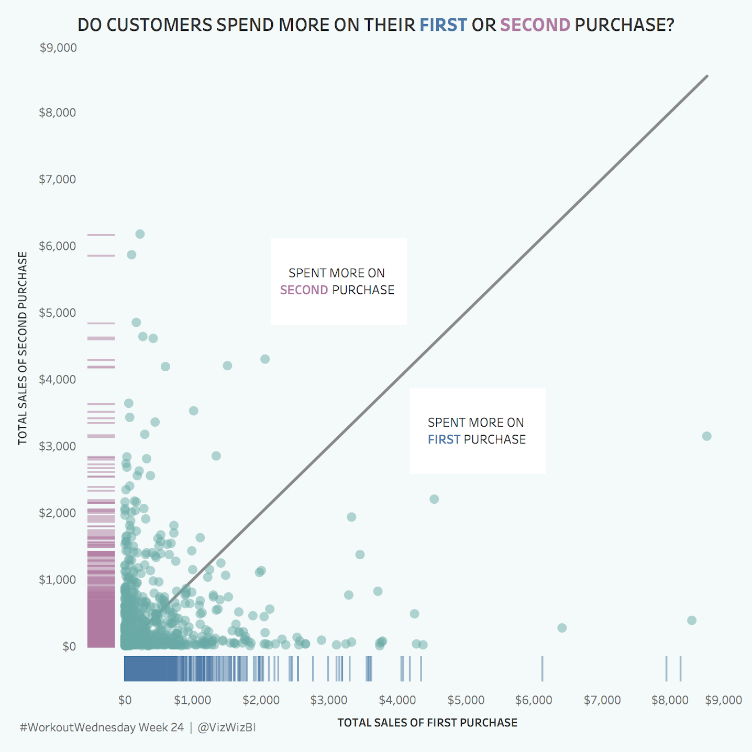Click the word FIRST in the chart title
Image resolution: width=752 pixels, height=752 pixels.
(443, 25)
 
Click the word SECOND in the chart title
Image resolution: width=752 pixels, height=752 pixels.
(535, 25)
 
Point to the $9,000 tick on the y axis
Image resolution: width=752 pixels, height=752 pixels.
(58, 48)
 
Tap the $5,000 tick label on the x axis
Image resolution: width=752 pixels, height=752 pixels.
(466, 700)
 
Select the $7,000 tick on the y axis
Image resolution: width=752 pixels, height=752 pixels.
(58, 179)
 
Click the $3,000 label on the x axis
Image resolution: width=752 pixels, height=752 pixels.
(329, 700)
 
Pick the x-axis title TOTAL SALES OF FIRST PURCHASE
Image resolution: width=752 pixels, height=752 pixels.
(427, 723)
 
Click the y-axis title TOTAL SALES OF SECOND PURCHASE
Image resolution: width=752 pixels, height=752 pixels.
(23, 348)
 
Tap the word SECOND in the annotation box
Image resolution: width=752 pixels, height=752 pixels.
(304, 290)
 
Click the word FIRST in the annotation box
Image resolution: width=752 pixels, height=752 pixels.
(444, 439)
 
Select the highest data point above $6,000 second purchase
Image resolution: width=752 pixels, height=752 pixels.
(140, 234)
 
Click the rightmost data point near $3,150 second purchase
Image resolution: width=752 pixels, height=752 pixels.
(706, 436)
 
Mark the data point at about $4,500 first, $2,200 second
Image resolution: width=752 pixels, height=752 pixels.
(434, 499)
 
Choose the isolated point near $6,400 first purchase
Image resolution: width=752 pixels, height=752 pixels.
(562, 628)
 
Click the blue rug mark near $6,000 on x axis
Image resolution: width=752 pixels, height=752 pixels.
(542, 669)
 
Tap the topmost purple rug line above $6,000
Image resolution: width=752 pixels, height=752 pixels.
(101, 235)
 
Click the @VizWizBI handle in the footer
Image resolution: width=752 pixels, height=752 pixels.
(227, 727)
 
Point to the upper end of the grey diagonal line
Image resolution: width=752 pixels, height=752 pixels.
(707, 76)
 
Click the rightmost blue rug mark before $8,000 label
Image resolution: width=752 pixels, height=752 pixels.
(680, 669)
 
